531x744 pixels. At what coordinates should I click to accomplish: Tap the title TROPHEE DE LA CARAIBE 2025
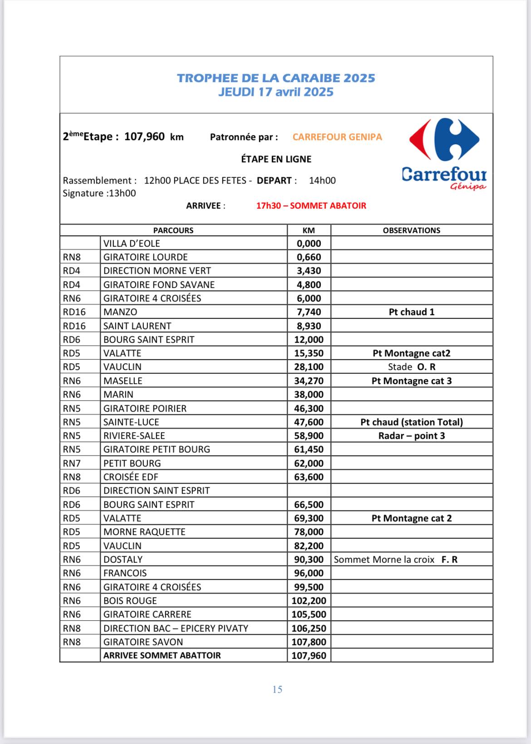point(276,78)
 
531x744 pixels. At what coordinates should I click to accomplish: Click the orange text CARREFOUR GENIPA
point(337,137)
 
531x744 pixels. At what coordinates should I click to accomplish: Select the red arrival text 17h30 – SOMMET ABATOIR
point(311,205)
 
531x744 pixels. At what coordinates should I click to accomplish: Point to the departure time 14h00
point(322,180)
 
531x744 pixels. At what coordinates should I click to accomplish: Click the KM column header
point(309,230)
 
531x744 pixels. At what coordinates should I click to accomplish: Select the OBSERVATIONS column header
point(411,230)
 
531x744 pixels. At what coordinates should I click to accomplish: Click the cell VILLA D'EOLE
point(132,243)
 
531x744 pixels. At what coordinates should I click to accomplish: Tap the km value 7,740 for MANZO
point(309,312)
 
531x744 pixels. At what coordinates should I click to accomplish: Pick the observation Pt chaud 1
point(411,312)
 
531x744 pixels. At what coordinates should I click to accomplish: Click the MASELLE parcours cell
point(123,381)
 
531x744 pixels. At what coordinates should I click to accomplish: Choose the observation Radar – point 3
point(411,436)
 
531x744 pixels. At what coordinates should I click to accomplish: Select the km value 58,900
point(309,436)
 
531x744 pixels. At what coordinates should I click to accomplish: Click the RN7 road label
point(72,463)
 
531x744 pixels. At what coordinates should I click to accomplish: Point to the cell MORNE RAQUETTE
point(144,532)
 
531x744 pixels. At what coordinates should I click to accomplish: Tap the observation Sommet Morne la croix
point(384,559)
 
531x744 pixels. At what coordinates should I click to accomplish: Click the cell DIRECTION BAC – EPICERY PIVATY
point(176,628)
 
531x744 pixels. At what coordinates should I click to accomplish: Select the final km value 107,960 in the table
point(309,656)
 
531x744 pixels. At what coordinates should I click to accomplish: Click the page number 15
point(277,690)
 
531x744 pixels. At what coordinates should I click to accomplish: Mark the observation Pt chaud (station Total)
point(411,422)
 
